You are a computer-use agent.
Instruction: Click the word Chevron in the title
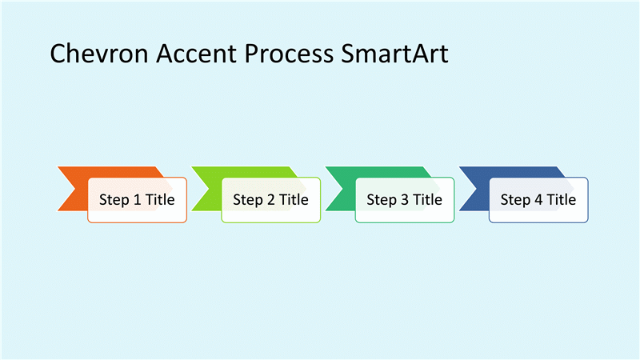click(x=98, y=54)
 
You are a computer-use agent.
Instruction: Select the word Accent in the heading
click(x=196, y=54)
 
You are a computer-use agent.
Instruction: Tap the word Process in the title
click(x=289, y=54)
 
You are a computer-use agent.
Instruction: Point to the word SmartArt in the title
click(x=394, y=54)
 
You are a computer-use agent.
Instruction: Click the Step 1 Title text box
click(x=137, y=200)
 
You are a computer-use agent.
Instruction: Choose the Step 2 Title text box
click(x=271, y=200)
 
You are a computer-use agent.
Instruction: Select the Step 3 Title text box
click(x=405, y=200)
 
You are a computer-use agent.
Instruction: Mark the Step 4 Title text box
click(x=538, y=200)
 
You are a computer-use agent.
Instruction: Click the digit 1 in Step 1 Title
click(x=137, y=199)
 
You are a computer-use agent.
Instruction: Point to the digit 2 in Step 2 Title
click(x=271, y=199)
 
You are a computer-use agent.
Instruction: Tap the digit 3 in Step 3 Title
click(x=405, y=199)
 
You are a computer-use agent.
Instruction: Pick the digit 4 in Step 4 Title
click(x=538, y=199)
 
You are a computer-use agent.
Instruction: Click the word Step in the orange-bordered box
click(x=114, y=200)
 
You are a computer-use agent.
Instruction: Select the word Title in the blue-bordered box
click(x=562, y=199)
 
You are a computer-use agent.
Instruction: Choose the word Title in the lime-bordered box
click(x=294, y=199)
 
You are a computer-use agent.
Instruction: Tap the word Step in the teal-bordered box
click(x=382, y=200)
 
